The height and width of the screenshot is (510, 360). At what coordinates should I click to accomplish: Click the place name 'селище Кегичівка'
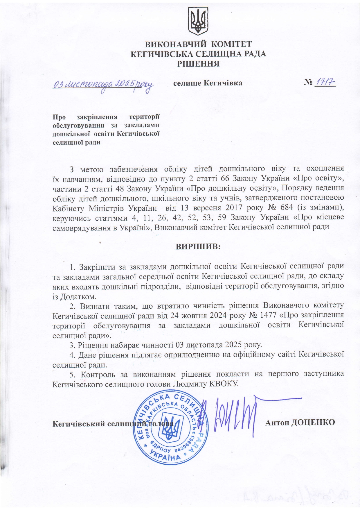click(x=208, y=83)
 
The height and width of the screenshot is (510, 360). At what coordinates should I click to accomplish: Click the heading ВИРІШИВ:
click(x=198, y=247)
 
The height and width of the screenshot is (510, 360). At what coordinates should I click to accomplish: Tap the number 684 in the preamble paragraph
click(x=277, y=208)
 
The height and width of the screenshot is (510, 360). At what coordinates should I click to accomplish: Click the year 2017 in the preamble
click(x=228, y=208)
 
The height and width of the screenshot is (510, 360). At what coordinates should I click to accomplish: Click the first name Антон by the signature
click(x=277, y=422)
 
